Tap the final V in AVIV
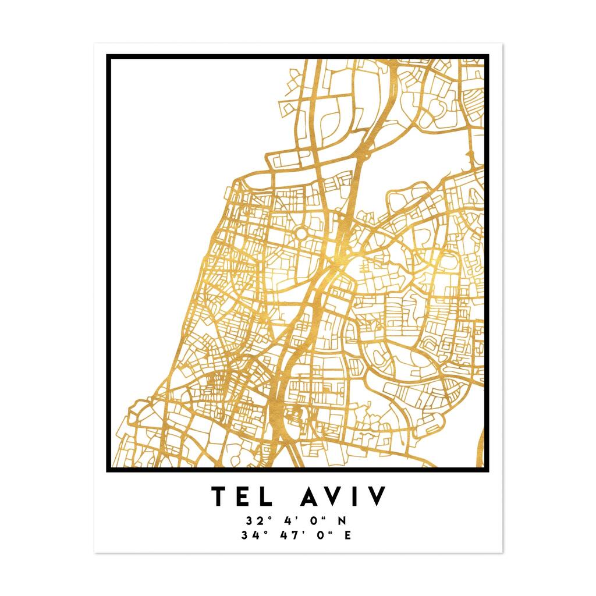pos(375,496)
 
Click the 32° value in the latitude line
pos(254,520)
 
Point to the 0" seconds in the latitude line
pos(315,520)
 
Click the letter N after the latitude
pos(342,520)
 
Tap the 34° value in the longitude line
pos(250,535)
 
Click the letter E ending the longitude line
pos(347,535)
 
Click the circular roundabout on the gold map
pos(301,233)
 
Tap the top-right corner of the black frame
pos(487,56)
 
